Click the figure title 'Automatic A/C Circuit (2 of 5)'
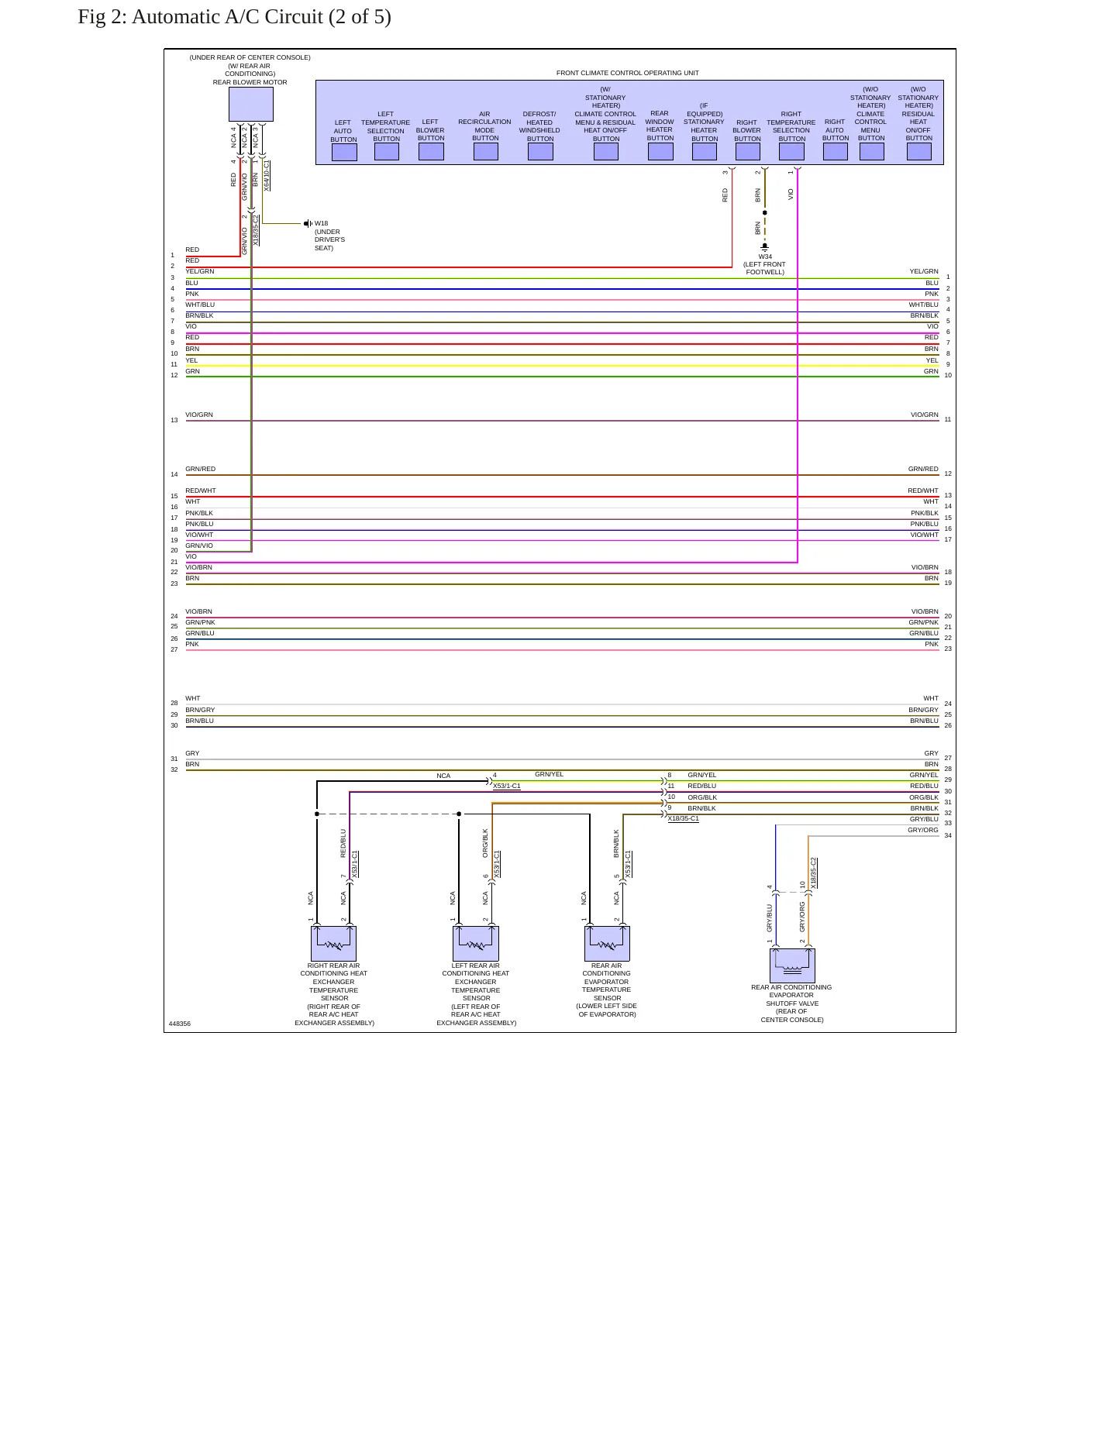(x=261, y=17)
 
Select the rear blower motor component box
(x=251, y=104)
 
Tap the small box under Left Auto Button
(x=344, y=152)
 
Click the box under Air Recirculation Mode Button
(x=485, y=152)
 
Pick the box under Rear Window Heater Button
(x=660, y=152)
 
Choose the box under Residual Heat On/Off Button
(x=919, y=152)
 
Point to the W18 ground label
(x=321, y=223)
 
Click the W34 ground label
(x=765, y=256)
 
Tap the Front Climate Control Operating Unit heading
(x=628, y=73)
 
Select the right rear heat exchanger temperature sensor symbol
(x=333, y=943)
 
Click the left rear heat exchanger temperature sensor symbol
(x=476, y=943)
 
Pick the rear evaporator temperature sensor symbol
(x=607, y=943)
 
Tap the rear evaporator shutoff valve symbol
(x=792, y=965)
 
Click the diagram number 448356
(x=180, y=1024)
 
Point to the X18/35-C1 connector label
(x=683, y=818)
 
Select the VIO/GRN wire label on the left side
(x=199, y=415)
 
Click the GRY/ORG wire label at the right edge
(x=923, y=830)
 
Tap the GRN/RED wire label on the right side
(x=923, y=469)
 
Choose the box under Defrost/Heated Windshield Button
(x=540, y=152)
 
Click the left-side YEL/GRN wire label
(x=200, y=271)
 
